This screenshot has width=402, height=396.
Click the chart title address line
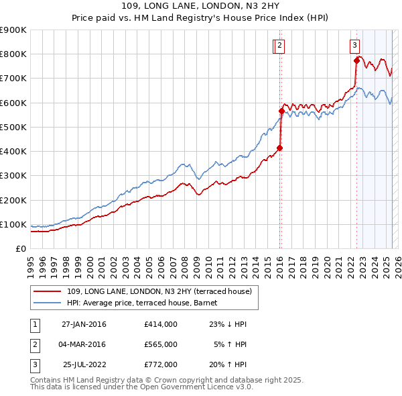point(201,5)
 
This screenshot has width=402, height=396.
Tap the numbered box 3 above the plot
point(354,46)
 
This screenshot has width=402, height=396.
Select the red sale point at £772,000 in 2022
point(356,61)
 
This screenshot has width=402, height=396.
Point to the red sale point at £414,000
point(280,148)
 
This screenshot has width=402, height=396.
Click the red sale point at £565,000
point(281,111)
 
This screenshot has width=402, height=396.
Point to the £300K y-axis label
point(13,176)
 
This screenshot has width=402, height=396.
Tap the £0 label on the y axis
point(21,249)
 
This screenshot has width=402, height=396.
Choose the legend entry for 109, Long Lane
point(159,291)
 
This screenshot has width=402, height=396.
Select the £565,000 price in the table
point(161,344)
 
